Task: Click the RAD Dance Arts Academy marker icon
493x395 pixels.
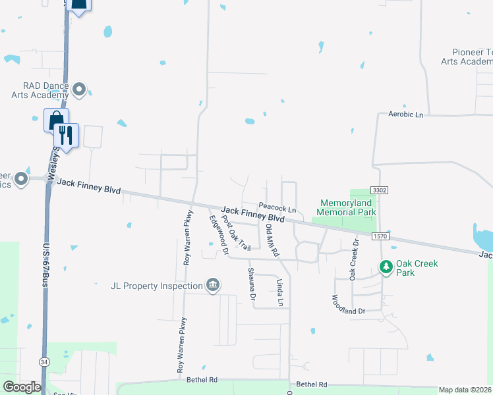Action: [80, 89]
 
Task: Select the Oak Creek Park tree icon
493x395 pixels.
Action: [386, 267]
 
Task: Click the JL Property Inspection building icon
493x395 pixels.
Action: [213, 285]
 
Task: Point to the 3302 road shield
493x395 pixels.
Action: [379, 190]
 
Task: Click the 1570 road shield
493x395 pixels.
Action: [380, 236]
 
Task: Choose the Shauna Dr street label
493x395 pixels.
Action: [251, 284]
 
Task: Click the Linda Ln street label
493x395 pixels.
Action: [279, 292]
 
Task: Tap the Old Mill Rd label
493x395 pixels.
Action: [271, 240]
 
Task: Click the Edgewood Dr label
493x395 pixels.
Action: [218, 234]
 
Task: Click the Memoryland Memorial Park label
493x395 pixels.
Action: [347, 207]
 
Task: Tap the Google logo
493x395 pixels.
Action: [22, 386]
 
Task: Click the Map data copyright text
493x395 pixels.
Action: [465, 390]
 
